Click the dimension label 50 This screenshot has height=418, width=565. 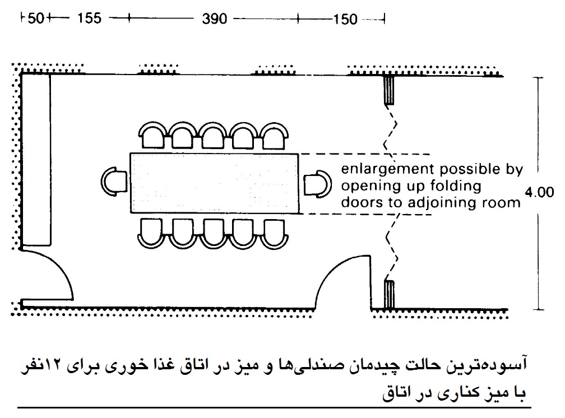35,18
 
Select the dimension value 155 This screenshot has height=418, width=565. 89,18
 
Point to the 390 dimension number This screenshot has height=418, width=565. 214,18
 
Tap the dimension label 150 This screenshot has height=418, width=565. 345,19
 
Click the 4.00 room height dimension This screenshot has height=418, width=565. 539,192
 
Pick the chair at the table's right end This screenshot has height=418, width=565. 317,184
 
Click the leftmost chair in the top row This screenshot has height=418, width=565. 153,135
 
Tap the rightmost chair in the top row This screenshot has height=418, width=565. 275,136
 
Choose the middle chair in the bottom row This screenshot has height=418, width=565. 213,234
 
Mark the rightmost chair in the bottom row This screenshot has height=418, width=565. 275,234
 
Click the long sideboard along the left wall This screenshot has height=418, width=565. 35,160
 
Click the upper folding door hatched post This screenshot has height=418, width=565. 389,90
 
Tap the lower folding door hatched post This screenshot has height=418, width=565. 389,294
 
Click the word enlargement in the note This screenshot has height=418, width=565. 387,169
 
